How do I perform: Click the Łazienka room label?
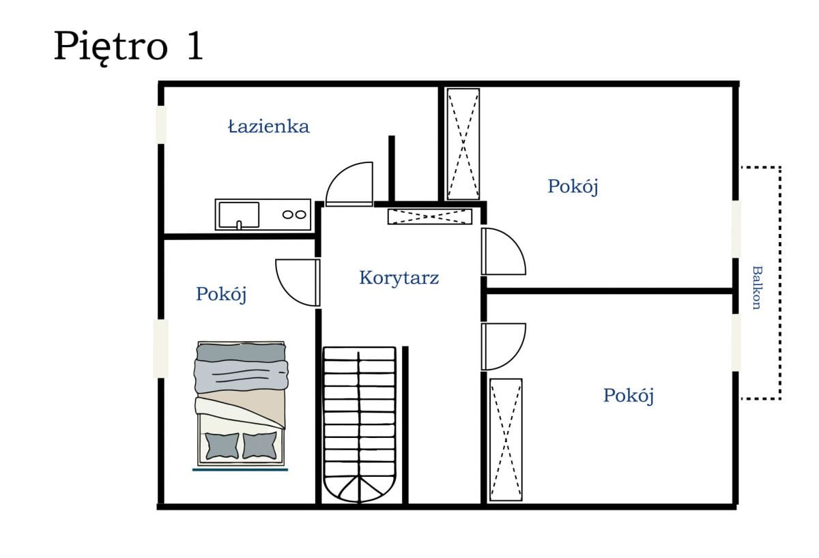[x=268, y=126]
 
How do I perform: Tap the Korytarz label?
[x=399, y=278]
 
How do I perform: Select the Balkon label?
[x=756, y=287]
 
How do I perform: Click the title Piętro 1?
[x=128, y=46]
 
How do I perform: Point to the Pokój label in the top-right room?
[x=573, y=186]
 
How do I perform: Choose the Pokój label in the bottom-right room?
[x=628, y=395]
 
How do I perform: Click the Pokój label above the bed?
[x=221, y=294]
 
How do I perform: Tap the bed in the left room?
[x=240, y=402]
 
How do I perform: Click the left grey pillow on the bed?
[x=222, y=445]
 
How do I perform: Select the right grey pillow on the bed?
[x=260, y=445]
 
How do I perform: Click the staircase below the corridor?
[x=359, y=423]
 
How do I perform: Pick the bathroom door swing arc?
[x=349, y=184]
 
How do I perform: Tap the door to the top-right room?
[x=502, y=252]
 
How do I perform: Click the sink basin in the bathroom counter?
[x=238, y=214]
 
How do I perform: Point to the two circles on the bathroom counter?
[x=294, y=214]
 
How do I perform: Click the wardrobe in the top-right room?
[x=463, y=144]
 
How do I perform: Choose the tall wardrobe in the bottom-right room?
[x=506, y=439]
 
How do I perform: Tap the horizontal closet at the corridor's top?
[x=429, y=217]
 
